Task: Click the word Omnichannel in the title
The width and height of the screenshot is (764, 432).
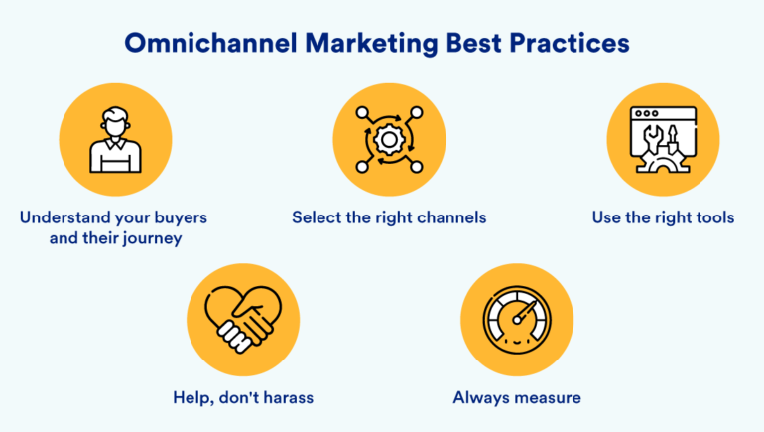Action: pos(210,43)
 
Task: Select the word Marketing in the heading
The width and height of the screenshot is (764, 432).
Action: pos(372,44)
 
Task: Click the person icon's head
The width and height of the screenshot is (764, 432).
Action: pos(115,121)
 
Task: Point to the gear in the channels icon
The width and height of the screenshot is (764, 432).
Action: pos(389,140)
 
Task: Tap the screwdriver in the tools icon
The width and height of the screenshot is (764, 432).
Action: pos(673,138)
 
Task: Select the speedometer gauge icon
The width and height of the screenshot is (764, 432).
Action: pos(517,320)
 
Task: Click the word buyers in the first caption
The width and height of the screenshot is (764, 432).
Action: pos(181,217)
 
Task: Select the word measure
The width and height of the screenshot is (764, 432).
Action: pos(548,398)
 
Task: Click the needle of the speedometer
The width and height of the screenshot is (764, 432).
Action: pos(525,312)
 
